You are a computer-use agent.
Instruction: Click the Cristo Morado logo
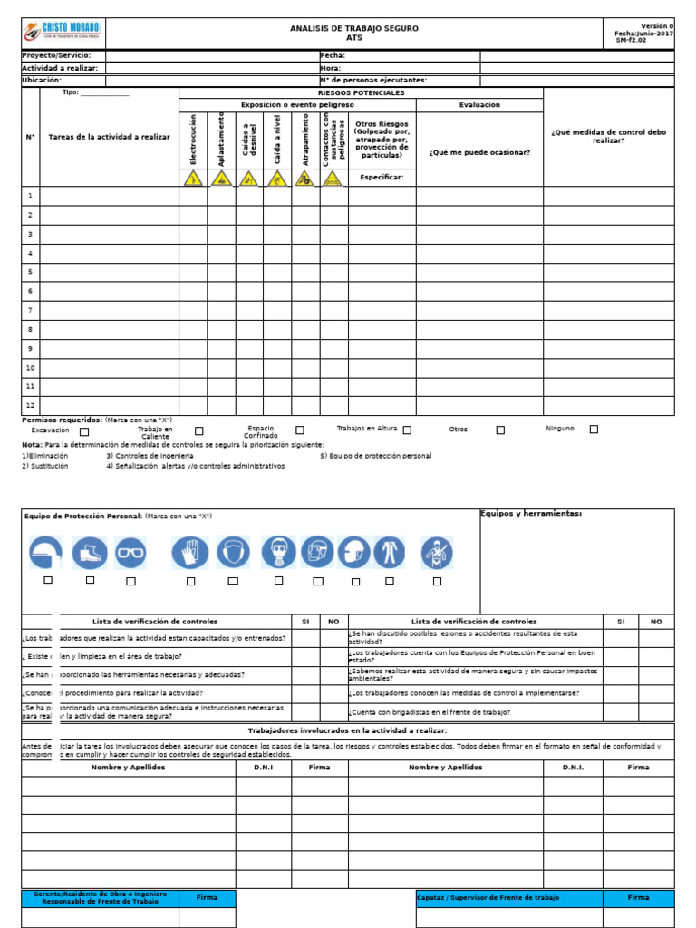coord(63,34)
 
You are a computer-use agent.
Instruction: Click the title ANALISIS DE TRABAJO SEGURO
coord(353,28)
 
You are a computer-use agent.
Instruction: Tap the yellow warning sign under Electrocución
coord(193,179)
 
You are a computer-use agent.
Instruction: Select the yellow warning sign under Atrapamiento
coord(305,179)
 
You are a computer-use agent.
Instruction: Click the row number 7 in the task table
coord(30,310)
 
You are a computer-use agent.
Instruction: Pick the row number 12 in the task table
coord(30,405)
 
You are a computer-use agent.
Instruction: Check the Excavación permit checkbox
coord(84,431)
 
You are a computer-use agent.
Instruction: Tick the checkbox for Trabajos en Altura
coord(407,430)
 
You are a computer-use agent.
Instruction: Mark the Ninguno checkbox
coord(594,430)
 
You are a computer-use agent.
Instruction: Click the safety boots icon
coord(90,552)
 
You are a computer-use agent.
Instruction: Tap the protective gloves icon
coord(189,552)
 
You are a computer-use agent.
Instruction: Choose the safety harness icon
coord(437,552)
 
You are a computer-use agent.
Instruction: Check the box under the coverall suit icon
coord(390,581)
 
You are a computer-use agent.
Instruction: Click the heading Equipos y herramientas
coord(530,515)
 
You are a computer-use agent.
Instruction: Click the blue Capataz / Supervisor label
coord(488,897)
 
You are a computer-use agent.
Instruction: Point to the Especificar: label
coord(382,177)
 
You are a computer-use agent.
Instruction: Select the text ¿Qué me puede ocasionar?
coord(479,151)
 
